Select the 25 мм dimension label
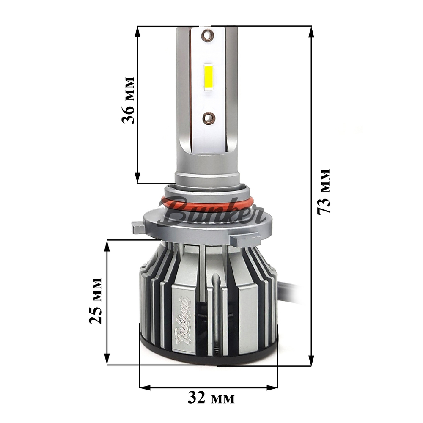tap(96, 301)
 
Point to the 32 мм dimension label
tap(210, 398)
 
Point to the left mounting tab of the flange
tap(138, 228)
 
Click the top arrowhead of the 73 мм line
tap(312, 31)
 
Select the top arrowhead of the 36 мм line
tap(138, 31)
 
